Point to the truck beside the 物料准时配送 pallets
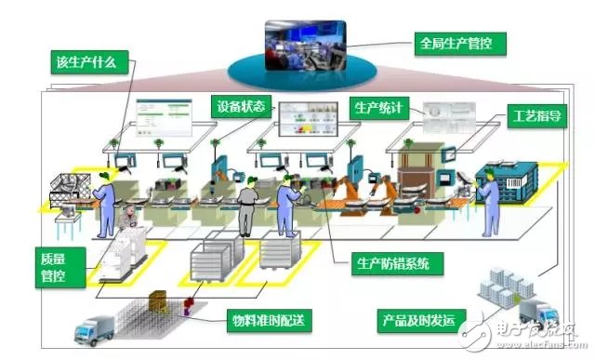[x=94, y=327]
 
